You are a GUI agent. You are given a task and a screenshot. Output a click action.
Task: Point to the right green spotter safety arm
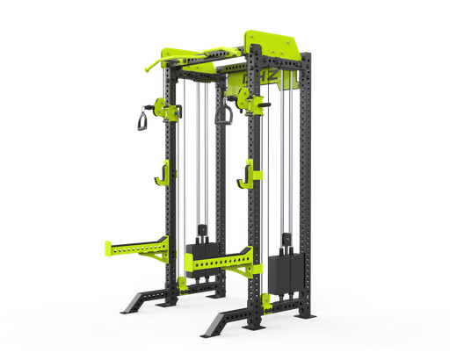click(x=220, y=260)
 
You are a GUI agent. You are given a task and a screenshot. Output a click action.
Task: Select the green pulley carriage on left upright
click(x=166, y=109)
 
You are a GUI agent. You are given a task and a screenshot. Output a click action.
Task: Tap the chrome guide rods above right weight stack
click(x=283, y=176)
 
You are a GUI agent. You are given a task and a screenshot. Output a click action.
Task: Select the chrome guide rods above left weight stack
click(x=203, y=167)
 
